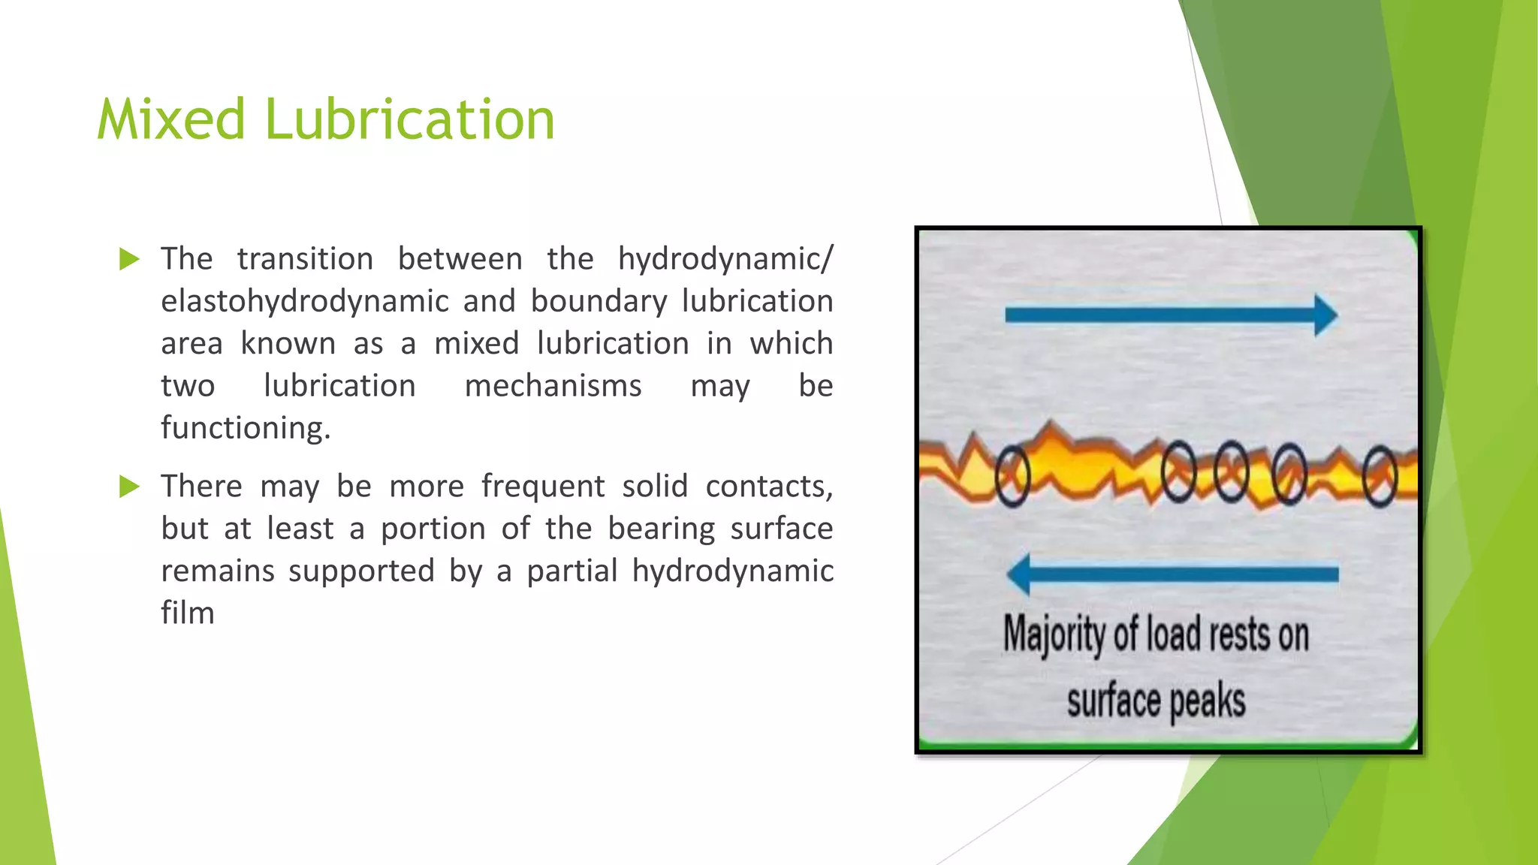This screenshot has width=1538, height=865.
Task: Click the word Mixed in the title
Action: coord(171,120)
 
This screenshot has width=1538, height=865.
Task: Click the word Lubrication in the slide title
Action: coord(409,120)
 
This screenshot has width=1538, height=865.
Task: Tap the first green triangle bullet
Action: coord(129,260)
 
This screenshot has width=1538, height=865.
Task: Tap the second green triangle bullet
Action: coord(129,487)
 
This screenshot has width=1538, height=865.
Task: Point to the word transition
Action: coord(305,259)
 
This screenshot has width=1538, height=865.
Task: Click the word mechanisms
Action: coord(553,386)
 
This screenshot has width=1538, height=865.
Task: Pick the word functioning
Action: coord(245,428)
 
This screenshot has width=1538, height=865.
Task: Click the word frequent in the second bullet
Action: coord(542,487)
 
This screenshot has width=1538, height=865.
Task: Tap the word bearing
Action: coord(661,529)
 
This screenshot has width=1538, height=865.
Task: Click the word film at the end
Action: coord(188,613)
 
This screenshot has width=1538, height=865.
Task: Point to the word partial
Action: coord(571,571)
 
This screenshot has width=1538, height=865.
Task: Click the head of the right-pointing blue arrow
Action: coord(1325,315)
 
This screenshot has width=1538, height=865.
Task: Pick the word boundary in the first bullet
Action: coord(599,302)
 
